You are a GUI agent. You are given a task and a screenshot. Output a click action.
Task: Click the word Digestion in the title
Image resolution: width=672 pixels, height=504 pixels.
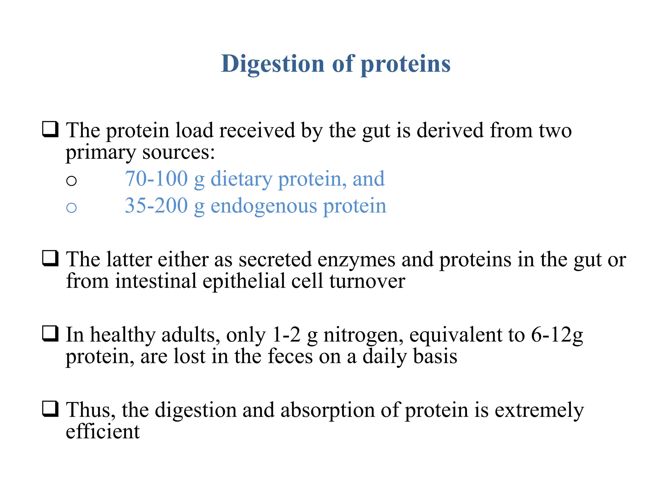coord(273,64)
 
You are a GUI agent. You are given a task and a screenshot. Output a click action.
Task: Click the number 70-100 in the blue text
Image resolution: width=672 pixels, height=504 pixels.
coord(156,179)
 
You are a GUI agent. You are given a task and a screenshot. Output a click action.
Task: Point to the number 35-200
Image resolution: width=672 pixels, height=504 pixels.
coord(156,206)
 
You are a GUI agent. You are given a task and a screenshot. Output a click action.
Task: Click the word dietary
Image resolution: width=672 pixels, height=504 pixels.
coord(241,179)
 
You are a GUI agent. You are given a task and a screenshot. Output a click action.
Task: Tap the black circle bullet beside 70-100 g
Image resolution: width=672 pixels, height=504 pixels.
coord(71,180)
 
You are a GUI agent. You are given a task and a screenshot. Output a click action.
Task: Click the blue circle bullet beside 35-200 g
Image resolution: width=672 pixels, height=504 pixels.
coord(71,207)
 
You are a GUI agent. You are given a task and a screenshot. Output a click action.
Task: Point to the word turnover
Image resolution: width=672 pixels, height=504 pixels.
coord(367,282)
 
